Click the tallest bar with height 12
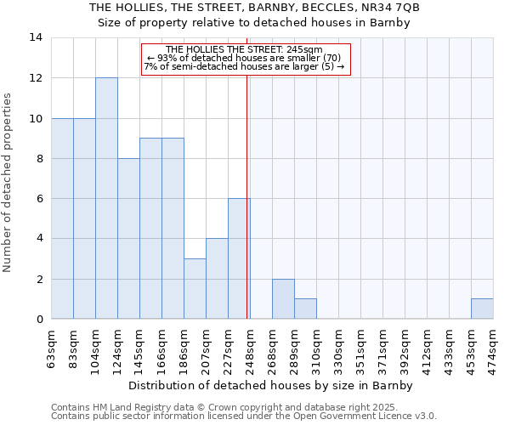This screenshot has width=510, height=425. [106, 198]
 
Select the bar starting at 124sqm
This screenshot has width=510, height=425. [128, 239]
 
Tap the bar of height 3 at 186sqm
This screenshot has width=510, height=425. [195, 289]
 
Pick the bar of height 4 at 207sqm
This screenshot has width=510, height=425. [217, 279]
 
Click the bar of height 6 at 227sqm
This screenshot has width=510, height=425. [239, 258]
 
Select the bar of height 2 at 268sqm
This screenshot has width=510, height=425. [283, 299]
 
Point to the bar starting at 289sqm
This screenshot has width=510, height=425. [305, 309]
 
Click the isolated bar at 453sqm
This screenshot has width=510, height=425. [482, 309]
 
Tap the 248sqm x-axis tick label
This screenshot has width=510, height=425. [251, 349]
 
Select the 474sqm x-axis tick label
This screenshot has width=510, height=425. [494, 349]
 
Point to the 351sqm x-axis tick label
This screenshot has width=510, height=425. [361, 349]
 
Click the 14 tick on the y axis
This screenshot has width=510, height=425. [36, 37]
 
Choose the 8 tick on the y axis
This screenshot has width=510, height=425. [39, 158]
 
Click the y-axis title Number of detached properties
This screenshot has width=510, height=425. [8, 183]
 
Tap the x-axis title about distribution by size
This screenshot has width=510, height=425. [272, 385]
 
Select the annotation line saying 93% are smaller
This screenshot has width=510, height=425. [244, 58]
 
